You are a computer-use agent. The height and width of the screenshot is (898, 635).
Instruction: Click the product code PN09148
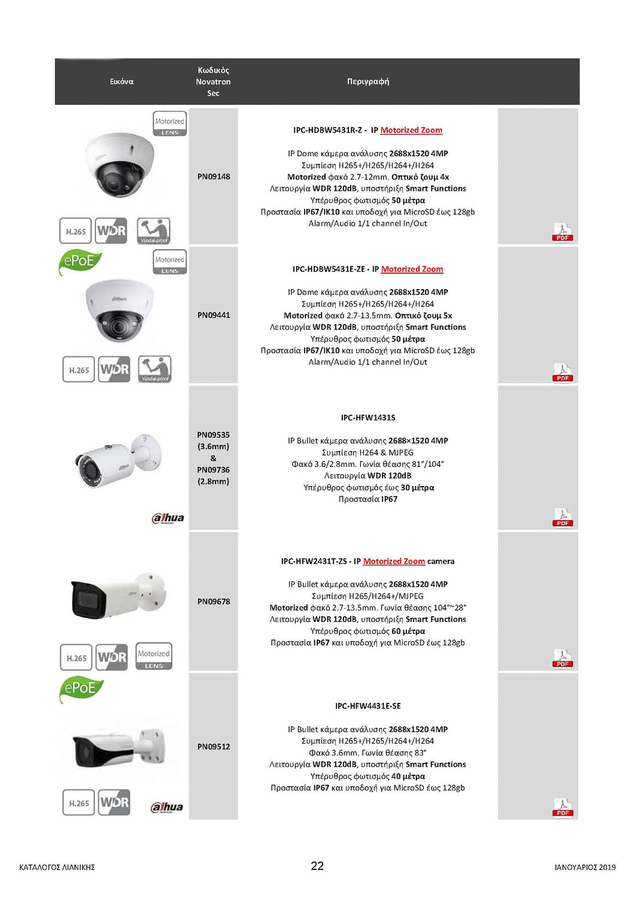pyautogui.click(x=214, y=177)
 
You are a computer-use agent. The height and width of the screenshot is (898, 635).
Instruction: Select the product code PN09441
pyautogui.click(x=214, y=315)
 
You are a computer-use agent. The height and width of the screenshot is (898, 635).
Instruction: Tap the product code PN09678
pyautogui.click(x=214, y=602)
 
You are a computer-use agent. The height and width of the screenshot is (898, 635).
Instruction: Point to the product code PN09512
pyautogui.click(x=214, y=747)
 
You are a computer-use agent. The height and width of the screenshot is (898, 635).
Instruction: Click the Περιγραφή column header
pyautogui.click(x=368, y=81)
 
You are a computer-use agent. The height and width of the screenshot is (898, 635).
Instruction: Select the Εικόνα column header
pyautogui.click(x=121, y=81)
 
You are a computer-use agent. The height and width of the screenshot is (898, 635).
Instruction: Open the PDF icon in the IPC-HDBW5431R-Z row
pyautogui.click(x=562, y=232)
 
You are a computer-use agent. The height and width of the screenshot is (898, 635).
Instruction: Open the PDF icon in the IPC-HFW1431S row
pyautogui.click(x=562, y=518)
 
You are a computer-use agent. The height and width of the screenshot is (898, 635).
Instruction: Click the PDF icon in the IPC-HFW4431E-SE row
pyautogui.click(x=562, y=807)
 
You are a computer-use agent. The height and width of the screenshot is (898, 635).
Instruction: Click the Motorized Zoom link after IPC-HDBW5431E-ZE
pyautogui.click(x=412, y=269)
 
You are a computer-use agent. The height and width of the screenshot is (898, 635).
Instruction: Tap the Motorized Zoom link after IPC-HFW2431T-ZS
pyautogui.click(x=394, y=562)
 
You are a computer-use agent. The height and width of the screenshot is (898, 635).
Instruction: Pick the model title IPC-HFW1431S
pyautogui.click(x=368, y=418)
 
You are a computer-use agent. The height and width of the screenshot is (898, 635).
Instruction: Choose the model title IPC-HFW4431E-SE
pyautogui.click(x=368, y=706)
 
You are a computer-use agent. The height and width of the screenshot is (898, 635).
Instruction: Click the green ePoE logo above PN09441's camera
pyautogui.click(x=80, y=262)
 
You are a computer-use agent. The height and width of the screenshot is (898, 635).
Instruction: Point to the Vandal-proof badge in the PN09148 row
pyautogui.click(x=154, y=231)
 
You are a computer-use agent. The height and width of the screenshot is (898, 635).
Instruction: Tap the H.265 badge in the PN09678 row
pyautogui.click(x=77, y=658)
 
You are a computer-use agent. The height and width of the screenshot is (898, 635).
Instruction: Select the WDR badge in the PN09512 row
pyautogui.click(x=114, y=802)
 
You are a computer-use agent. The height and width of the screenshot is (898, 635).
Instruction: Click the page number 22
pyautogui.click(x=317, y=866)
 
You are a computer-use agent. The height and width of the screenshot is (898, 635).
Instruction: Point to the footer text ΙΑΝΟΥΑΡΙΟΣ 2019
pyautogui.click(x=585, y=867)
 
